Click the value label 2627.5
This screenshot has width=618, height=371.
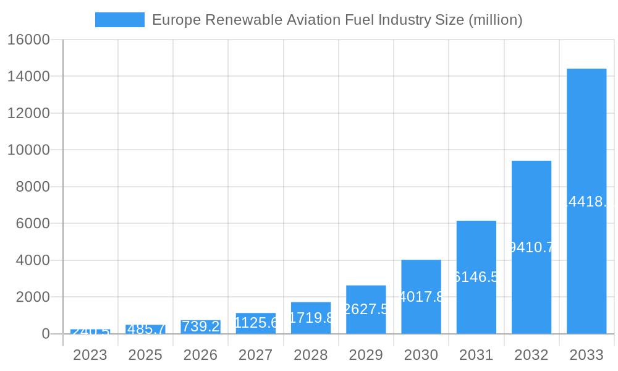(366, 309)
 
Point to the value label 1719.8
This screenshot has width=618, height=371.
(311, 318)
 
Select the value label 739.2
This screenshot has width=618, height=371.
(201, 326)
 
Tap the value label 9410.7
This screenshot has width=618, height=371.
(531, 247)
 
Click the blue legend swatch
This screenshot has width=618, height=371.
(119, 20)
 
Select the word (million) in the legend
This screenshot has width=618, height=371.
(496, 20)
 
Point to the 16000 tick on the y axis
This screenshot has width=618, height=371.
(28, 40)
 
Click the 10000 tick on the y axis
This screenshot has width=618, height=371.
(28, 150)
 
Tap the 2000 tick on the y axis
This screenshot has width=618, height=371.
(32, 297)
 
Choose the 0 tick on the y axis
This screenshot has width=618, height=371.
(46, 334)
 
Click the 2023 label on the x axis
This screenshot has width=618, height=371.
(90, 355)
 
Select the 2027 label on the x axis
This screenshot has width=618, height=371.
(256, 355)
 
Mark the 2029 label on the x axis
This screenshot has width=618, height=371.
(366, 355)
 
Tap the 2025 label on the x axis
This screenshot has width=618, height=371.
(145, 355)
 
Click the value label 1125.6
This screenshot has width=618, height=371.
(256, 322)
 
